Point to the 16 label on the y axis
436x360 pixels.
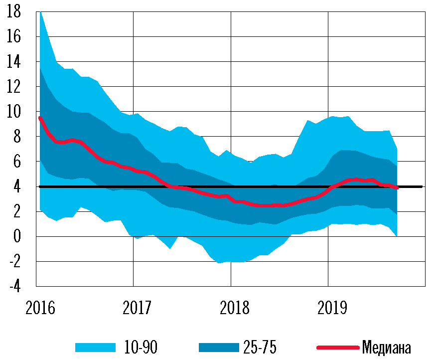coord(14,37)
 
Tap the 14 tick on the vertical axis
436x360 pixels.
coord(14,62)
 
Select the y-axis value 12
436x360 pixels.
coord(14,87)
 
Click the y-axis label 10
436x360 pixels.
coord(14,112)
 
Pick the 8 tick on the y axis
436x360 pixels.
coord(17,137)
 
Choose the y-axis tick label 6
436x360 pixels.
coord(17,162)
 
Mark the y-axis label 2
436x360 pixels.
coord(17,211)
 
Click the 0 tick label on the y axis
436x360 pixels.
coord(17,236)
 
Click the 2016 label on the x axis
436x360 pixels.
coord(39,308)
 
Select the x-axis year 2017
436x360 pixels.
coord(137,308)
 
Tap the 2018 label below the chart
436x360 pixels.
coord(234,308)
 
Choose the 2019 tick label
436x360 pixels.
coord(332,308)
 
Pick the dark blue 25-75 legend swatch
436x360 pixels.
coord(218,347)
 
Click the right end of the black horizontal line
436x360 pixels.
coord(422,186)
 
